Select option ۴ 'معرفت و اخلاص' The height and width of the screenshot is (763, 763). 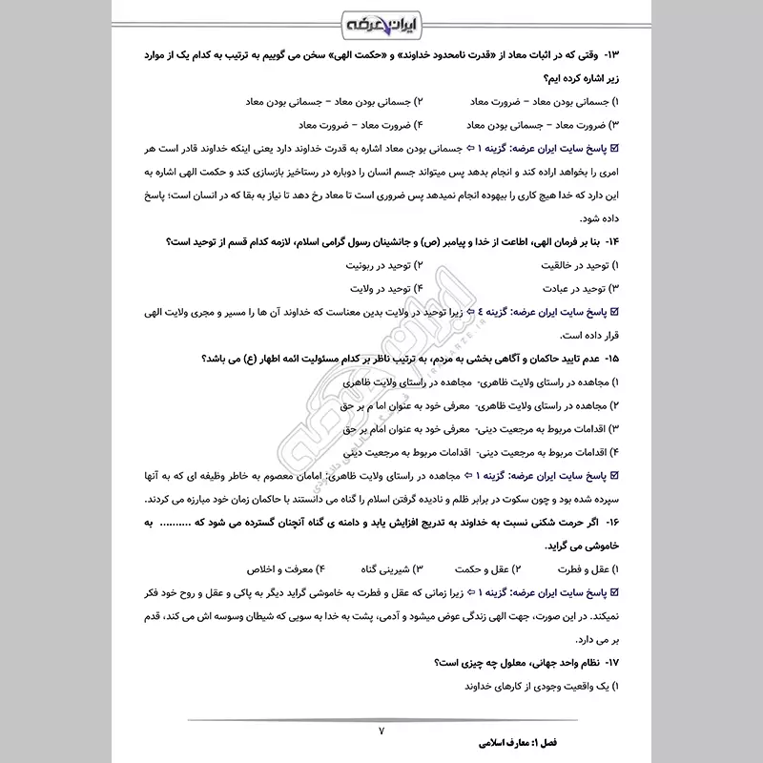[x=277, y=569]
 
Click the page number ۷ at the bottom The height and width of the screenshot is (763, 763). [x=381, y=731]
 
